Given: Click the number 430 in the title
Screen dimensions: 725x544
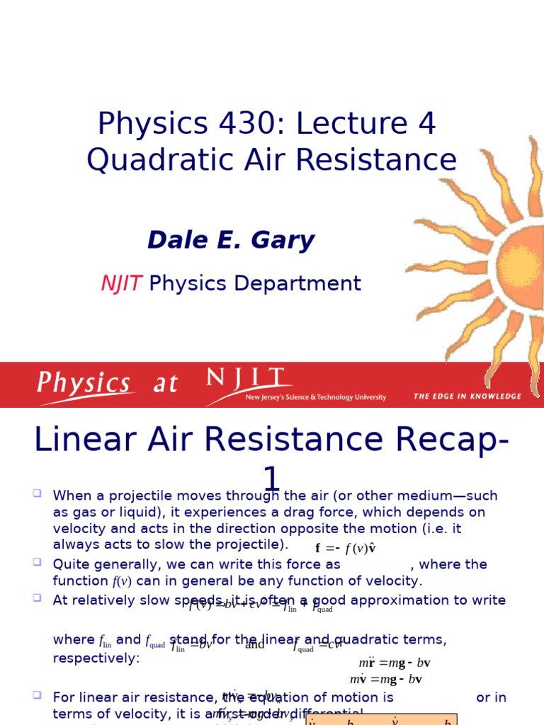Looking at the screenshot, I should [243, 125].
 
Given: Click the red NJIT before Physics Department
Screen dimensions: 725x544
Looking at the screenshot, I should [122, 283].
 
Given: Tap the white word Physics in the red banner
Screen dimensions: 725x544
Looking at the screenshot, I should [84, 384].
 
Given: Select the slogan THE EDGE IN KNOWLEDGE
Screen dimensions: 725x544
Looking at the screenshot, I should [467, 396].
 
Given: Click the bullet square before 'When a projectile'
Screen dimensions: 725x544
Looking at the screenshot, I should [37, 493].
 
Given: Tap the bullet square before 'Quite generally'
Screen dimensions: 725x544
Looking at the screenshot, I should [37, 562].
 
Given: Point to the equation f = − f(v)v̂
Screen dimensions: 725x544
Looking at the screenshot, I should [345, 549].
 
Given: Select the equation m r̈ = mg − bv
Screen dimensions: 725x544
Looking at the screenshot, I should [395, 663].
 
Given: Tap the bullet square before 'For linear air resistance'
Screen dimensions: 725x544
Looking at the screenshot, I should [37, 695].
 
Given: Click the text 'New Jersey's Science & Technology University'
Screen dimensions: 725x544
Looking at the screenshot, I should [316, 398].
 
